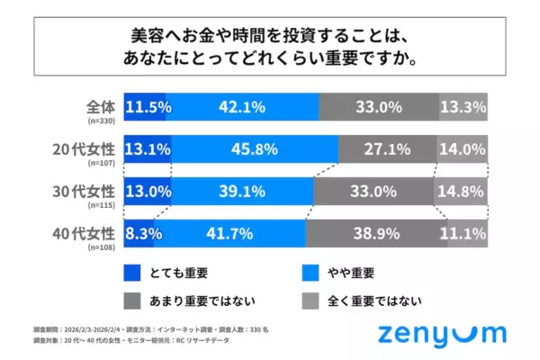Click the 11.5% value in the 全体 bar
click(x=148, y=107)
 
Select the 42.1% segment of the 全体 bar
click(x=241, y=107)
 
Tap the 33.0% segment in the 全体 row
click(x=378, y=107)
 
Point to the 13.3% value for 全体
click(x=463, y=107)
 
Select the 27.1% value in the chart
click(x=388, y=148)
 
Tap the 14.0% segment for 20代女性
click(x=463, y=148)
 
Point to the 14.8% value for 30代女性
click(x=463, y=191)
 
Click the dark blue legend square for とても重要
click(x=134, y=272)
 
